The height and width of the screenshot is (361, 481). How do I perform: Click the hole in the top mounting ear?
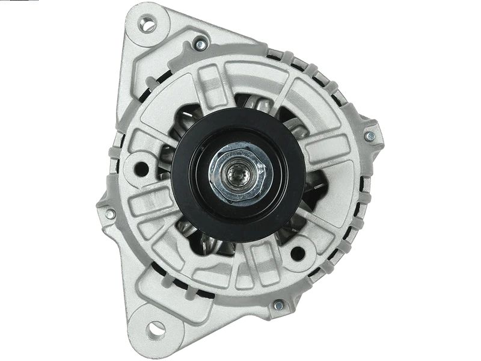tap(147, 24)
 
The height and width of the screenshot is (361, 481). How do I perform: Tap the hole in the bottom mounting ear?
tap(152, 331)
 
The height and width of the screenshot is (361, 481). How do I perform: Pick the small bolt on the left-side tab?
tap(108, 214)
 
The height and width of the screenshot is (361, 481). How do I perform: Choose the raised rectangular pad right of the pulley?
tap(328, 147)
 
